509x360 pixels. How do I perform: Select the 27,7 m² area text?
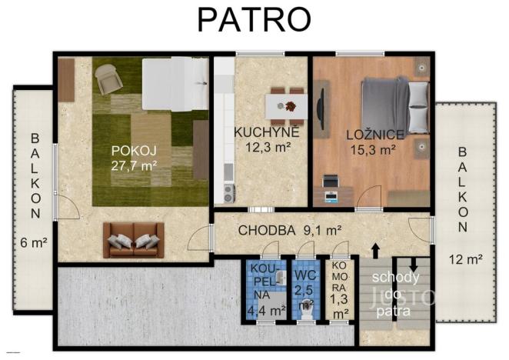[x=134, y=165]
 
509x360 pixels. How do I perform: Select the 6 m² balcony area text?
[x=34, y=242]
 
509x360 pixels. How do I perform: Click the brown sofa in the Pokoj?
[x=134, y=239]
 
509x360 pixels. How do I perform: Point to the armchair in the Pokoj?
[x=107, y=76]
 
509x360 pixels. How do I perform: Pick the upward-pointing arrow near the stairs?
[x=375, y=251]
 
